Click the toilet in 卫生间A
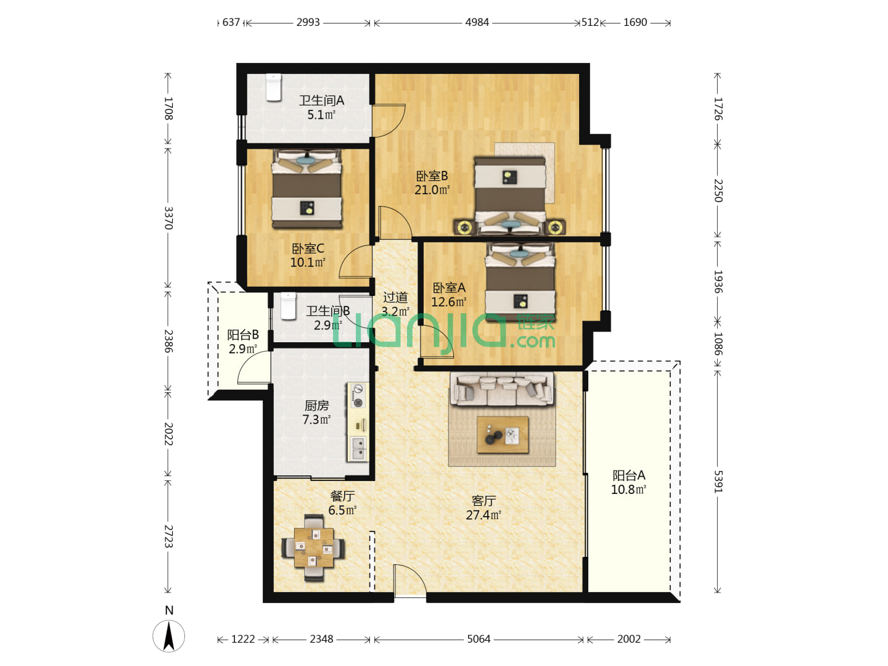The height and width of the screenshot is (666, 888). (273, 88)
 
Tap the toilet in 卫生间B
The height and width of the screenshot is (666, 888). (289, 306)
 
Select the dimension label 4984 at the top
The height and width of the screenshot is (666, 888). (477, 22)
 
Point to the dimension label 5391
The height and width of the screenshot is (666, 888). (717, 481)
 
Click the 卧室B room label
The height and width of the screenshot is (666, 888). (432, 176)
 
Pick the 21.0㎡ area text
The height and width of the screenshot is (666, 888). (432, 190)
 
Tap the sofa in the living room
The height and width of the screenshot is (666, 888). (501, 388)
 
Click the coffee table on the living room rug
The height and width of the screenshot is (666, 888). (503, 435)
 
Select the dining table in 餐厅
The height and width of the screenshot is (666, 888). (314, 548)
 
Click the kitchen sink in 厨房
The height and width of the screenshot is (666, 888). (358, 449)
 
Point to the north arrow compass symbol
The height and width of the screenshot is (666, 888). (169, 636)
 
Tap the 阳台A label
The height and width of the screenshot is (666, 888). (628, 475)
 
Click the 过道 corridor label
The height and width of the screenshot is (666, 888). (395, 298)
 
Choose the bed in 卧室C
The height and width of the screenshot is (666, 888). (306, 189)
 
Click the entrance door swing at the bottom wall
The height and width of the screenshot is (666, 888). (410, 580)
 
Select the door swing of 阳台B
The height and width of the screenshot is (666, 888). (253, 366)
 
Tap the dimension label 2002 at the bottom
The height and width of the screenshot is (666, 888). (628, 639)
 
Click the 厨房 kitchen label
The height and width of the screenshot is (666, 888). (317, 405)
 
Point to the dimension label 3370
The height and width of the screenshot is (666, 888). (169, 218)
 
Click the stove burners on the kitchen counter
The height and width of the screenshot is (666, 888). (358, 396)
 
